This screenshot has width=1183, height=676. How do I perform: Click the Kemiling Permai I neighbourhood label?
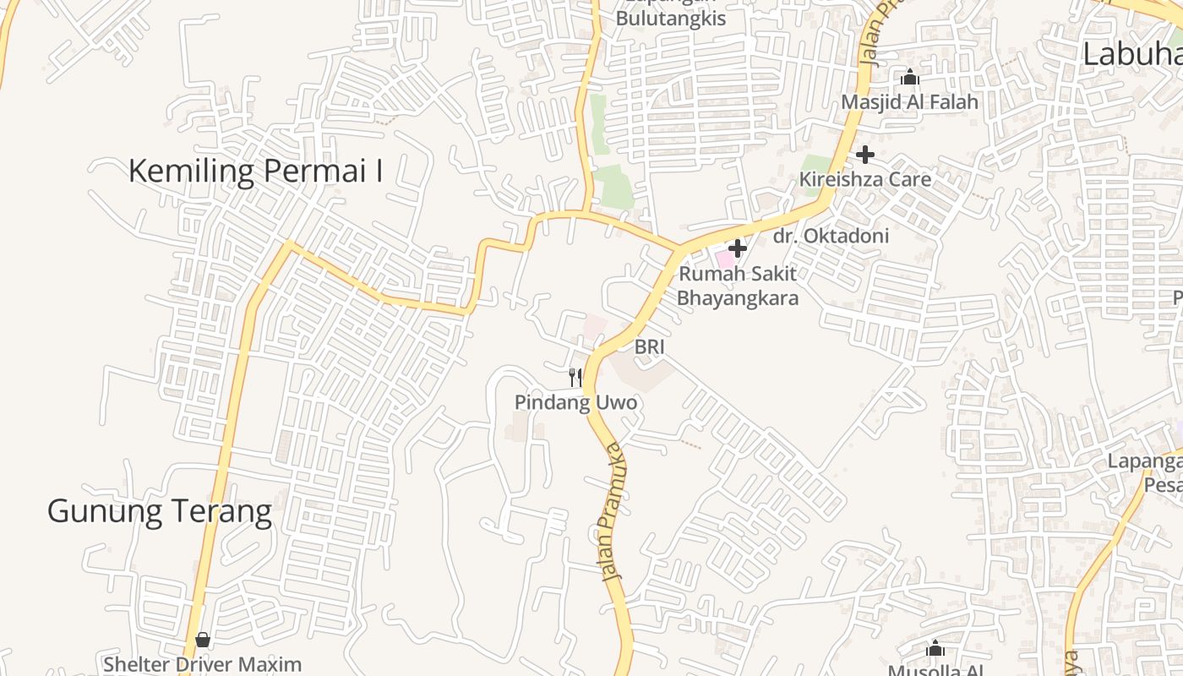255,172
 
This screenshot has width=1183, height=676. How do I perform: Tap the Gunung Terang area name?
159,511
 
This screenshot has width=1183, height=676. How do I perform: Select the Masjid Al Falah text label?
909,102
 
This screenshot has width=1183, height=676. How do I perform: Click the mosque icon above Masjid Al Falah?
909,78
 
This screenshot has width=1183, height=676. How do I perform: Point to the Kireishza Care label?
865,179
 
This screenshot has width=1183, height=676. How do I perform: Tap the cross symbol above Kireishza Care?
864,155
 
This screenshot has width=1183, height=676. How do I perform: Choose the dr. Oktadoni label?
831,236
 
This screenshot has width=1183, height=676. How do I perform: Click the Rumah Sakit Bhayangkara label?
738,286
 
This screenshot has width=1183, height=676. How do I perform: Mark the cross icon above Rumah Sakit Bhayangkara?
738,248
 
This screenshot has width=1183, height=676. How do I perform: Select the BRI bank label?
650,346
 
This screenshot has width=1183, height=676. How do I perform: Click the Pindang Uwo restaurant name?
575,403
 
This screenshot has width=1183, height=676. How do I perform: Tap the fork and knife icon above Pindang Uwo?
575,377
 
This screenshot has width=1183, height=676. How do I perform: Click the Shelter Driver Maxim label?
202,664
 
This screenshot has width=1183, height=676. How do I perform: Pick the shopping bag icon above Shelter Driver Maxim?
202,640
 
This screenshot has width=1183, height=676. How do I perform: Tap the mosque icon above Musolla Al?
935,648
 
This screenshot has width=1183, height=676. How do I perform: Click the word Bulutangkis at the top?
670,19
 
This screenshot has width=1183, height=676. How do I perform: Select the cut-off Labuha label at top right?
1132,54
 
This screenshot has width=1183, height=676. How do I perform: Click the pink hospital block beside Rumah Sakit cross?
724,258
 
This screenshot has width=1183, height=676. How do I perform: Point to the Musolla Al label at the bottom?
935,670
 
